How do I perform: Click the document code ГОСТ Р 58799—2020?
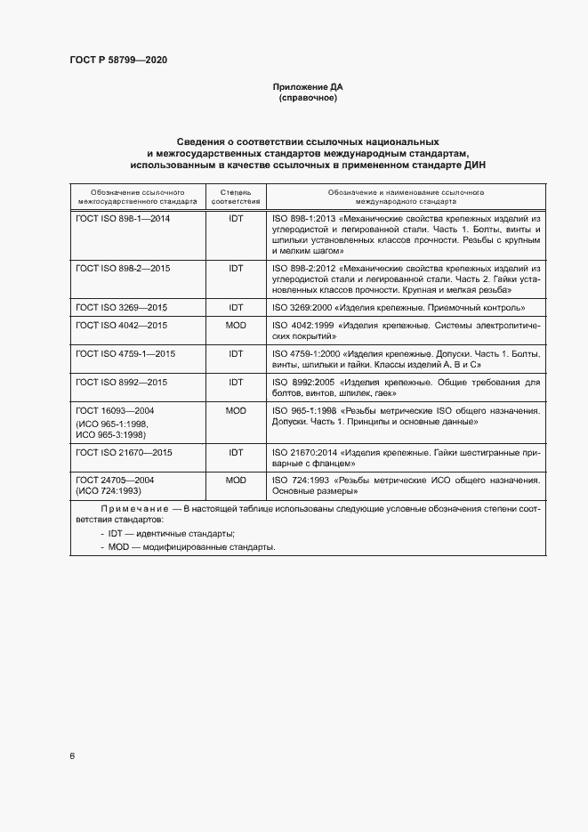[x=118, y=61]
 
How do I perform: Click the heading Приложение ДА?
[x=307, y=87]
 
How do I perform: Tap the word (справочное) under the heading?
[x=307, y=98]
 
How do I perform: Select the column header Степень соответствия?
[x=236, y=196]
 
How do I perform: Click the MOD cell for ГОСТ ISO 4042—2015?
[x=236, y=326]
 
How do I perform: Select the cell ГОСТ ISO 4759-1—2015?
[x=125, y=354]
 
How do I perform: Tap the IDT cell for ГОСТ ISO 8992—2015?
[x=236, y=383]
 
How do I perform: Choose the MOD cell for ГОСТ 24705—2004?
[x=236, y=481]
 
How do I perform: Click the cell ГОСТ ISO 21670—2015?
[x=125, y=453]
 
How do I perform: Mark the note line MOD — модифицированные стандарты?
[x=188, y=546]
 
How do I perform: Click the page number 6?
[x=72, y=756]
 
